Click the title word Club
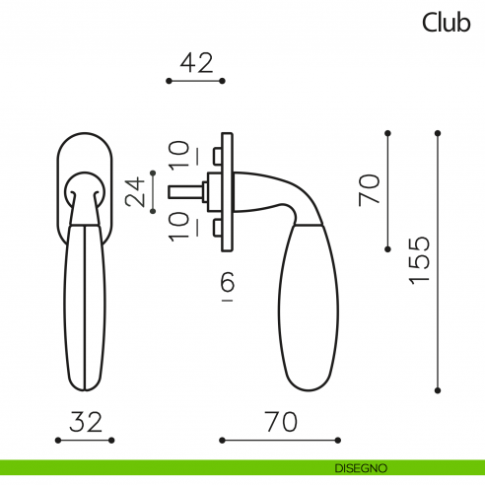click(x=447, y=23)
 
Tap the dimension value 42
click(x=196, y=63)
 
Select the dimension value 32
click(x=86, y=422)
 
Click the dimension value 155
click(x=419, y=260)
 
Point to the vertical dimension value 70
click(x=370, y=190)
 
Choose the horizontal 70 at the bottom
click(x=281, y=422)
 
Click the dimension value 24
click(x=135, y=192)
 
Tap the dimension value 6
click(x=227, y=282)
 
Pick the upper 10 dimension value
click(x=179, y=154)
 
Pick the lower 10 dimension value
click(x=179, y=227)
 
